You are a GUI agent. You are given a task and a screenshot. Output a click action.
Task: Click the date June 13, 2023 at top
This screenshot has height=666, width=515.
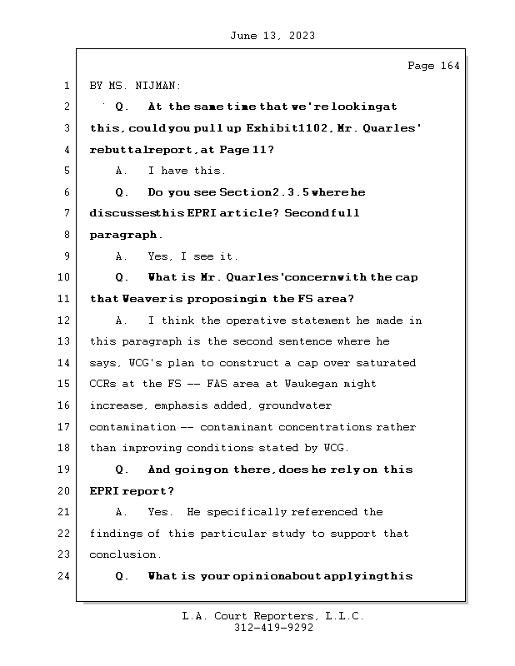(x=271, y=36)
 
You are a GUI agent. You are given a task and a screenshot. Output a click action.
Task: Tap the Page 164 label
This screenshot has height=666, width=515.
(x=433, y=66)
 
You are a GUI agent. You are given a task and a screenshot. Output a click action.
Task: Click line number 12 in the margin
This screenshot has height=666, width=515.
(x=66, y=321)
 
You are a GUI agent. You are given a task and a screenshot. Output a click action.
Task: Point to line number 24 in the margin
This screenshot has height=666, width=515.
(x=66, y=576)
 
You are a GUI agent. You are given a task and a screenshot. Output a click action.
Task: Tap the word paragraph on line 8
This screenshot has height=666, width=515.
(x=126, y=235)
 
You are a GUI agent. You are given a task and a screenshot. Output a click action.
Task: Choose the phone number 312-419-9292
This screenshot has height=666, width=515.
(x=273, y=629)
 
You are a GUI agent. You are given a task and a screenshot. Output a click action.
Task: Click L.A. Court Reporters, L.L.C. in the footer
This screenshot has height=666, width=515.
(x=273, y=616)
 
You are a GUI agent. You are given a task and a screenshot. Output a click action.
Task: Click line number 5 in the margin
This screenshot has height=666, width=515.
(x=66, y=171)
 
